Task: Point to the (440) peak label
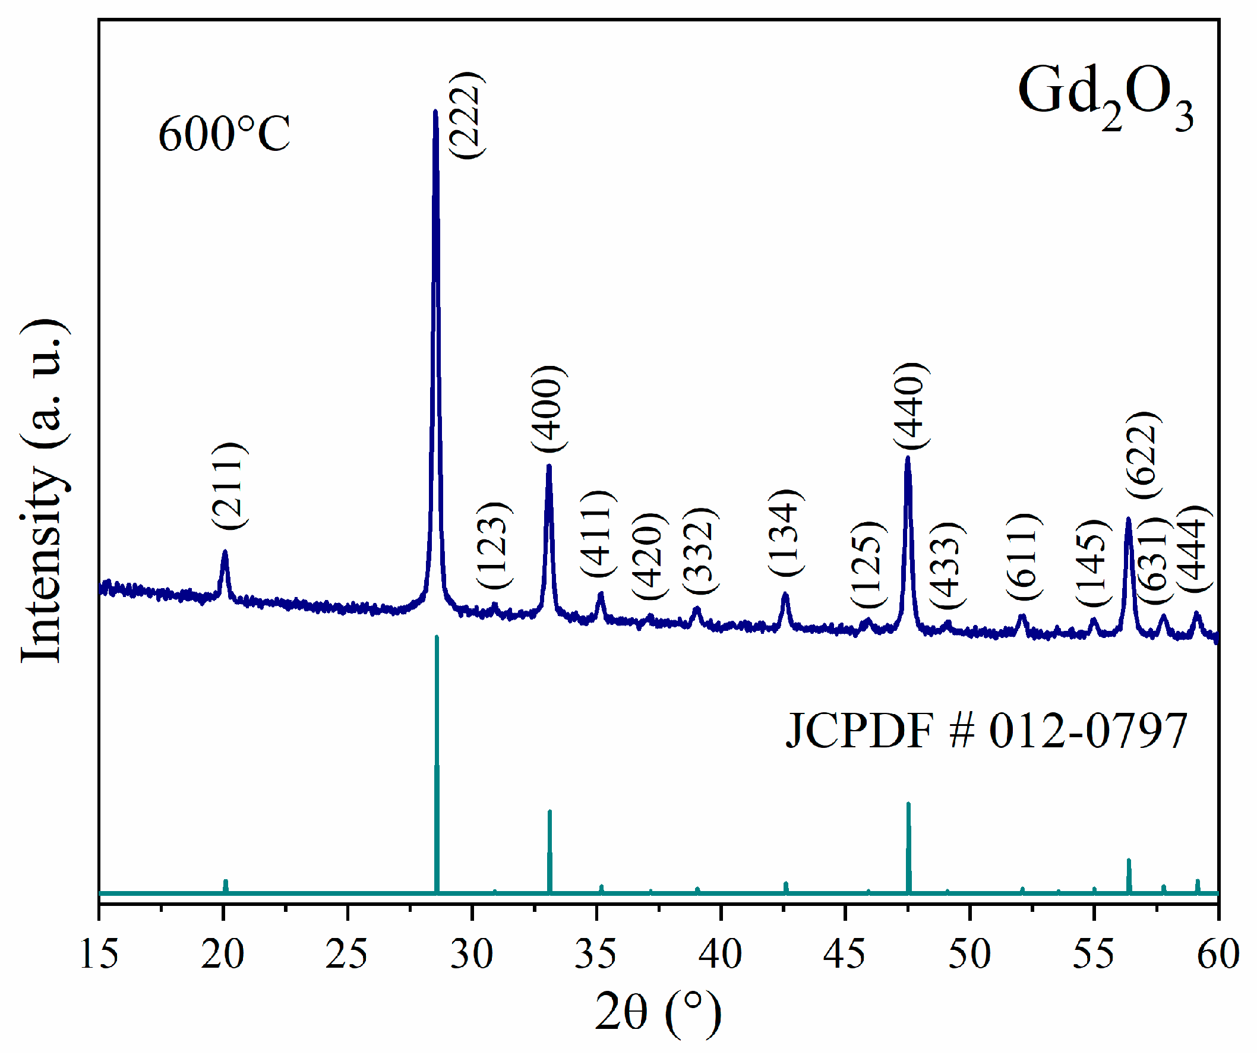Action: point(911,406)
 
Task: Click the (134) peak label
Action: point(785,533)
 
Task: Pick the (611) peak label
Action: point(1024,557)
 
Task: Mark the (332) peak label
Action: point(700,551)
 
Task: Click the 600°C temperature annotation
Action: point(225,133)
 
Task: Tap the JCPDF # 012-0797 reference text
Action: point(986,731)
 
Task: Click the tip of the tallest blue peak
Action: point(435,112)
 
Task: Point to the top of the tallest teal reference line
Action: point(437,637)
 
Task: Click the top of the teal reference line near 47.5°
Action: point(908,804)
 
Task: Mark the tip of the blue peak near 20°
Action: point(225,552)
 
